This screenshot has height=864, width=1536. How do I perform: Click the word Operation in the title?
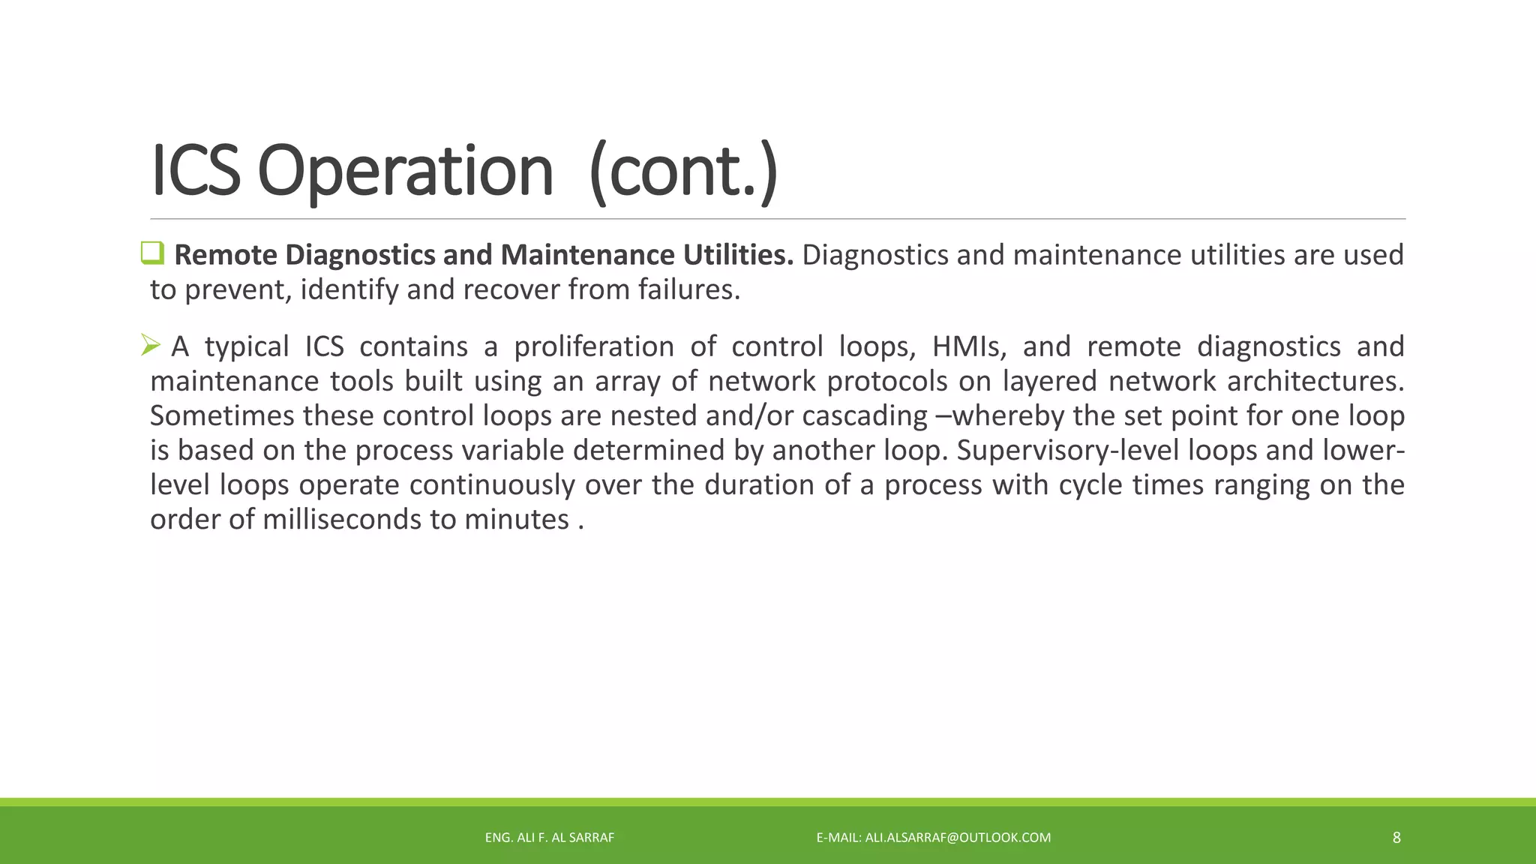[405, 171]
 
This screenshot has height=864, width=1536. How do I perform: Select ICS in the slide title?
[195, 171]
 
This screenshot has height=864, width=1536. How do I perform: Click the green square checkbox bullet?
[152, 253]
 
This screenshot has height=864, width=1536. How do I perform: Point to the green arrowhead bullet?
[151, 346]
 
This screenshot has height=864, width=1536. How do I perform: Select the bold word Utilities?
[737, 255]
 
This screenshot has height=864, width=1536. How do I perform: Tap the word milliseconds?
[342, 519]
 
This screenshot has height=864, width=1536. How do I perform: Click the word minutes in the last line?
[516, 519]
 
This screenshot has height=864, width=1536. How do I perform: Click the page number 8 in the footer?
[1396, 838]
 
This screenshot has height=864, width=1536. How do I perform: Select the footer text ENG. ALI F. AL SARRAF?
[549, 838]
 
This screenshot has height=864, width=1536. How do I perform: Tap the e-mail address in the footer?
[958, 838]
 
